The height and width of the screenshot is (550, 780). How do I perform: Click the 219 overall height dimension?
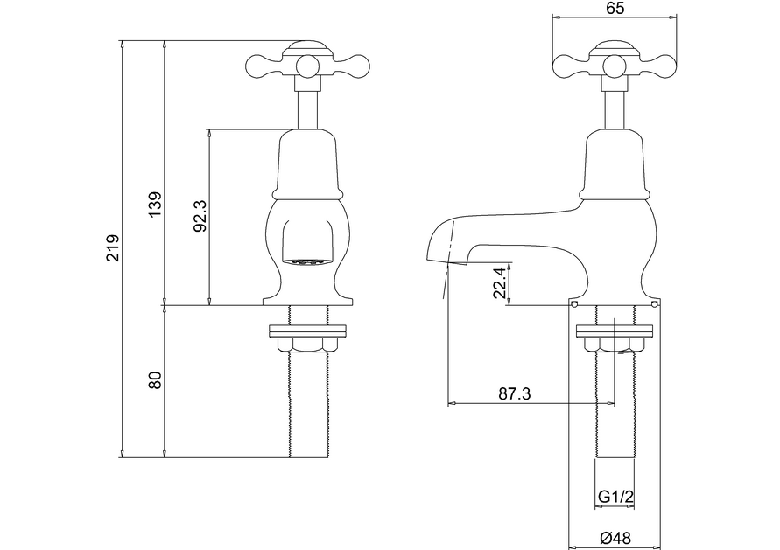112,248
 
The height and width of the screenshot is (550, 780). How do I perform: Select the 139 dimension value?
154,206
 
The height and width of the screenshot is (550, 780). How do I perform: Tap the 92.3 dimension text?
200,216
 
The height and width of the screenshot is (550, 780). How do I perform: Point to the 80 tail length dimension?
155,381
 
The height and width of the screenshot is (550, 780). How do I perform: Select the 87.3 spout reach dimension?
515,394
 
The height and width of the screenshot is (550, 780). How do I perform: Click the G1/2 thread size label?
615,498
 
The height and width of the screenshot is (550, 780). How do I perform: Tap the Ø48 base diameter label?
616,540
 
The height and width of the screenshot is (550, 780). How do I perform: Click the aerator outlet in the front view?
307,260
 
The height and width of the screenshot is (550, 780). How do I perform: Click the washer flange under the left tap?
309,331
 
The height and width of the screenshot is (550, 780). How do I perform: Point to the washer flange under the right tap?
615,331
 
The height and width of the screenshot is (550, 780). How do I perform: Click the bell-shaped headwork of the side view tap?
615,162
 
